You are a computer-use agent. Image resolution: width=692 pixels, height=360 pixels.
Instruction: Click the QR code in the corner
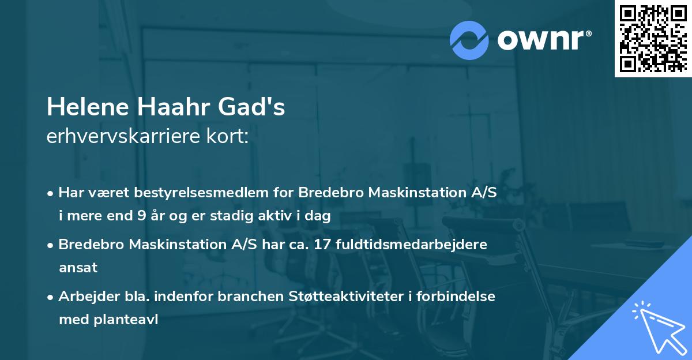pyautogui.click(x=653, y=39)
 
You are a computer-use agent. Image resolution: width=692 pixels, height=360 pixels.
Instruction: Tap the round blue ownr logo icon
pyautogui.click(x=469, y=40)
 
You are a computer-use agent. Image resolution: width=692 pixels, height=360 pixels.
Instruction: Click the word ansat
pyautogui.click(x=78, y=268)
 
